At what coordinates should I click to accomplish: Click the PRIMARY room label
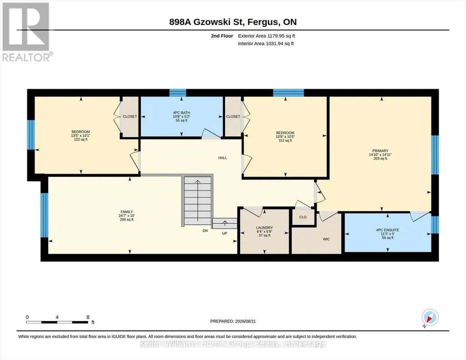pos(380,151)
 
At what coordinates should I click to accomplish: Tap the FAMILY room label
pos(126,212)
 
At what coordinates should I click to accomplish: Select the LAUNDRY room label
pos(264,228)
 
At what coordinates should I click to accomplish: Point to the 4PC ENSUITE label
pos(387,230)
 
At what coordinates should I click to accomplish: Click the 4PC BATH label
pos(181,113)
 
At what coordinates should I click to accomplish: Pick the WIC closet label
pos(326,239)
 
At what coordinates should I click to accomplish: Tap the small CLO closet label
pos(303,217)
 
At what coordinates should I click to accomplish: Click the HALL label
pos(223,158)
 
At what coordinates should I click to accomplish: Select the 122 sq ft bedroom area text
pos(80,139)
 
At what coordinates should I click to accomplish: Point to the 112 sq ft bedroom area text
pos(286,140)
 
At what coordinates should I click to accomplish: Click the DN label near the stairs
pos(205,230)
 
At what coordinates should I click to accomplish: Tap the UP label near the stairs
pos(225,234)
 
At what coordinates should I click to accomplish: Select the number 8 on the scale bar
pos(88,317)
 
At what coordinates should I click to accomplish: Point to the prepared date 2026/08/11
pos(246,321)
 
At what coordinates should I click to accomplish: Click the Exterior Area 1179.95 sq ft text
pos(266,36)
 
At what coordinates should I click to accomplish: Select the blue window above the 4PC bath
pos(178,93)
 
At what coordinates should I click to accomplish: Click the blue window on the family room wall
pos(44,215)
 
